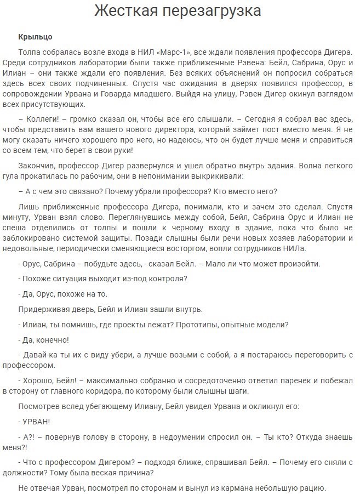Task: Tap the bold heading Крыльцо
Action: (x=36, y=37)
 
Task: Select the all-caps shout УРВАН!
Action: (x=36, y=422)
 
